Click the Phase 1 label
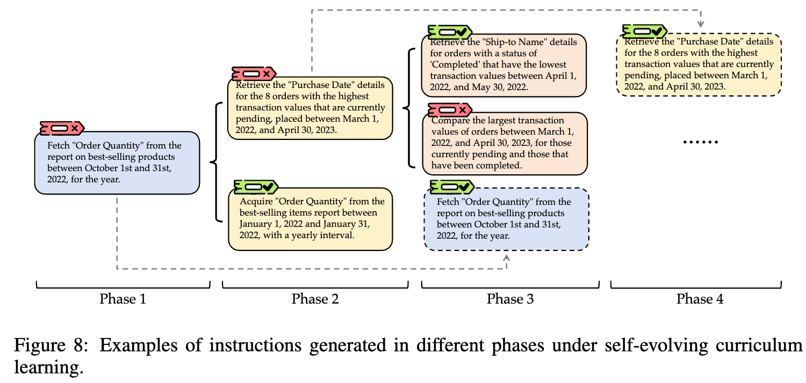[x=123, y=299]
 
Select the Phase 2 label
[x=315, y=299]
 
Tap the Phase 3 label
[x=510, y=299]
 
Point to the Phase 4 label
[x=700, y=299]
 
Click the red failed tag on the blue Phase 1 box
[x=62, y=128]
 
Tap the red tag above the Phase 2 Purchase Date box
[x=254, y=74]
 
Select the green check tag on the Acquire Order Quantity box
[x=256, y=187]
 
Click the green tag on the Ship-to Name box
[x=450, y=32]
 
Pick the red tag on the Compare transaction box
[x=450, y=110]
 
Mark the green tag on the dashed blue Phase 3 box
[x=452, y=187]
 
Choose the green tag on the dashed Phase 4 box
[x=645, y=32]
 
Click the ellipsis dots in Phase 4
[x=700, y=142]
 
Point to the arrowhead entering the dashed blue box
[x=506, y=257]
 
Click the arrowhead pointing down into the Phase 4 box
[x=700, y=25]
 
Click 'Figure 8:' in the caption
[x=51, y=345]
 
